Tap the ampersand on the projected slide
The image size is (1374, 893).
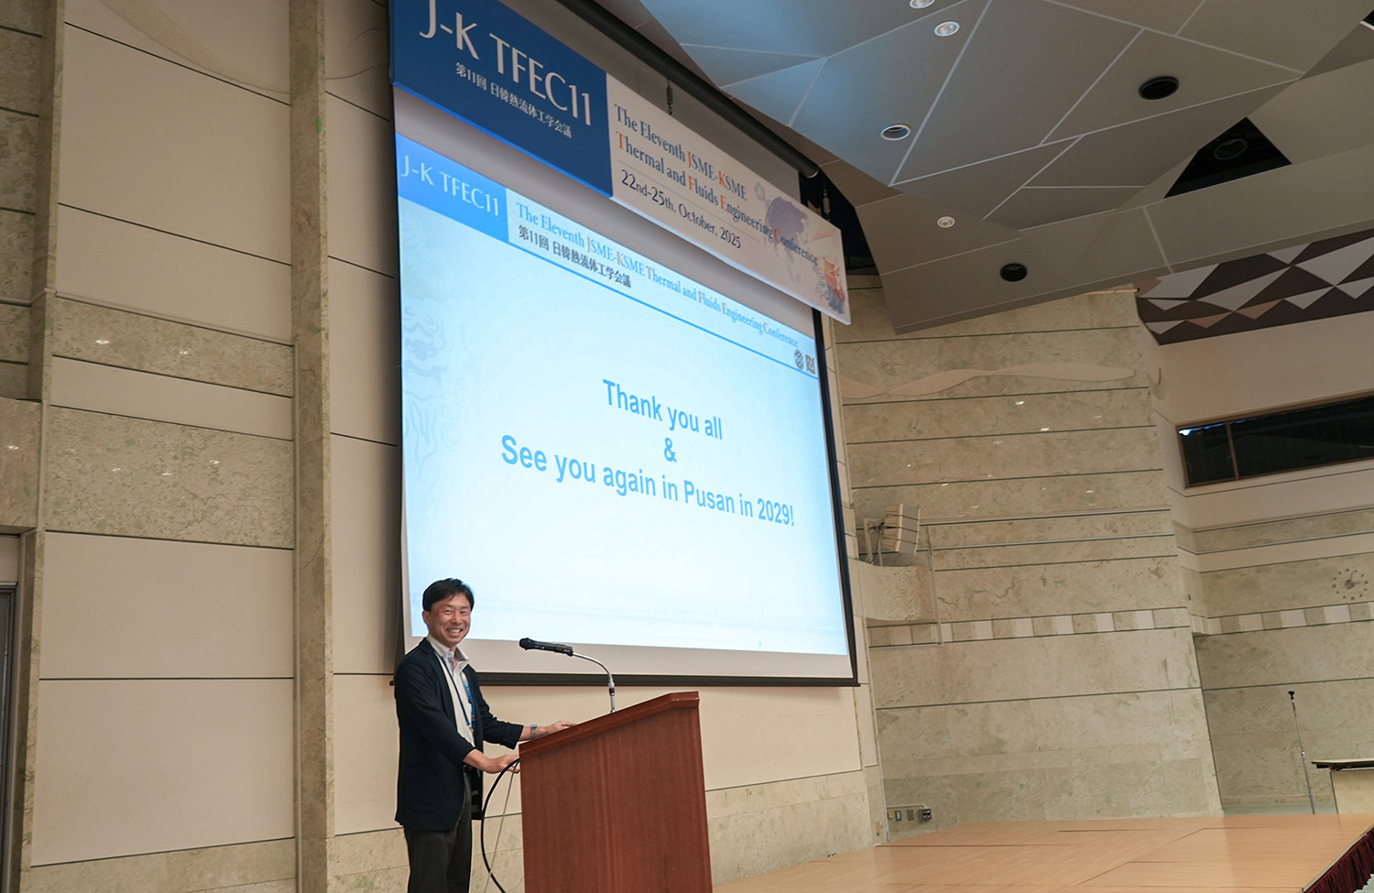pyautogui.click(x=671, y=452)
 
